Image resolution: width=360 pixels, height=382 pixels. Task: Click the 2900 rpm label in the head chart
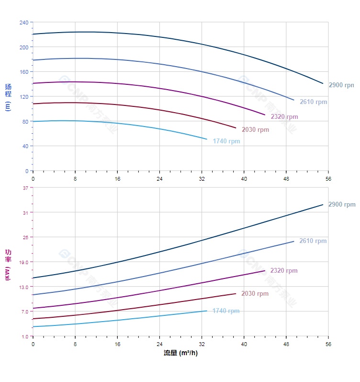click(341, 85)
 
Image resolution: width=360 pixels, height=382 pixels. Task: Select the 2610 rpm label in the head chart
click(314, 102)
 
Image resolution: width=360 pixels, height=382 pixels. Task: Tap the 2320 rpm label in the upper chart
click(284, 116)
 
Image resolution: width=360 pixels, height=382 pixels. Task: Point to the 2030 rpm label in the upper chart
click(256, 129)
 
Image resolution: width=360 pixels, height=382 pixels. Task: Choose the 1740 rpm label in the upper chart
click(226, 141)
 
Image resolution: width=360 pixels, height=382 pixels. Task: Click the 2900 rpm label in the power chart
click(342, 204)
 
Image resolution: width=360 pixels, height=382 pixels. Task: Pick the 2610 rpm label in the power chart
click(313, 241)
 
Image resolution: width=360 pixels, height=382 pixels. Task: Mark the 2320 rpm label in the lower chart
click(284, 270)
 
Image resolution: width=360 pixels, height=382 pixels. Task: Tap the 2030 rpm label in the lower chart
click(255, 293)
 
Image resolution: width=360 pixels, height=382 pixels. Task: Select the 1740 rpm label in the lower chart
click(226, 311)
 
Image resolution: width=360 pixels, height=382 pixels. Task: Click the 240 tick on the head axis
click(24, 23)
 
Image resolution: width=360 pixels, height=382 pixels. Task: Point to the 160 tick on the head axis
click(24, 72)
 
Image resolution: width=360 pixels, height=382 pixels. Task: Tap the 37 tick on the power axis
click(25, 188)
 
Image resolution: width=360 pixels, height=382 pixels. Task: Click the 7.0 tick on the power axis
click(25, 312)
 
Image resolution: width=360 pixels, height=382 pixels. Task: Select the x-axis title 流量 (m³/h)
click(180, 353)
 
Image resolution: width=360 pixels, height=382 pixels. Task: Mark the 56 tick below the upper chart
click(328, 178)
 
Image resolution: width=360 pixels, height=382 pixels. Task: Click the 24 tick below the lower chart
click(159, 344)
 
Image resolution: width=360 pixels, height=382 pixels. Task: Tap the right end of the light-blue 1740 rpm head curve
click(207, 139)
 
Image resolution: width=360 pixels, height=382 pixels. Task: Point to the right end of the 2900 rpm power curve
click(323, 205)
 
